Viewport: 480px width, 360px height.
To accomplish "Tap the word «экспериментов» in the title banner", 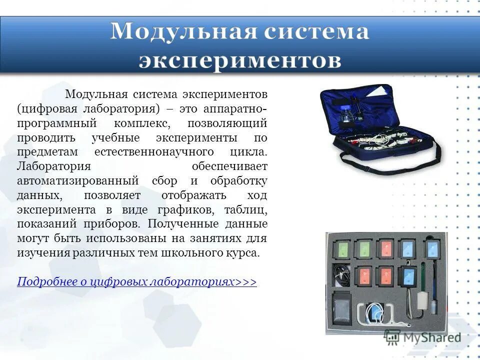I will (240, 60).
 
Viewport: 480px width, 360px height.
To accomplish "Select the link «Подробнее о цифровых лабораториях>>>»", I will (136, 282).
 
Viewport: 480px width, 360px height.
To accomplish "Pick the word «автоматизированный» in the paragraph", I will (78, 180).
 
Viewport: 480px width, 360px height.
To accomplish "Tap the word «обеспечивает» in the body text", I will (230, 166).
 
